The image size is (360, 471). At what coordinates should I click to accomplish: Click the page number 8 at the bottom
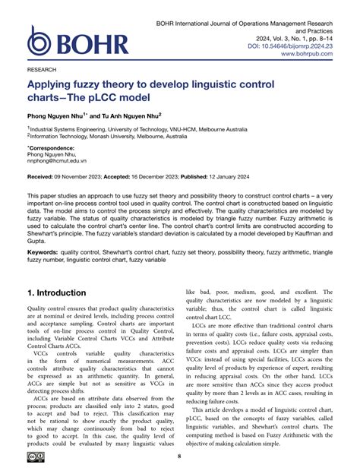click(179, 456)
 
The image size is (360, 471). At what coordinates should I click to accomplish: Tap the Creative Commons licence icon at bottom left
click(38, 456)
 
